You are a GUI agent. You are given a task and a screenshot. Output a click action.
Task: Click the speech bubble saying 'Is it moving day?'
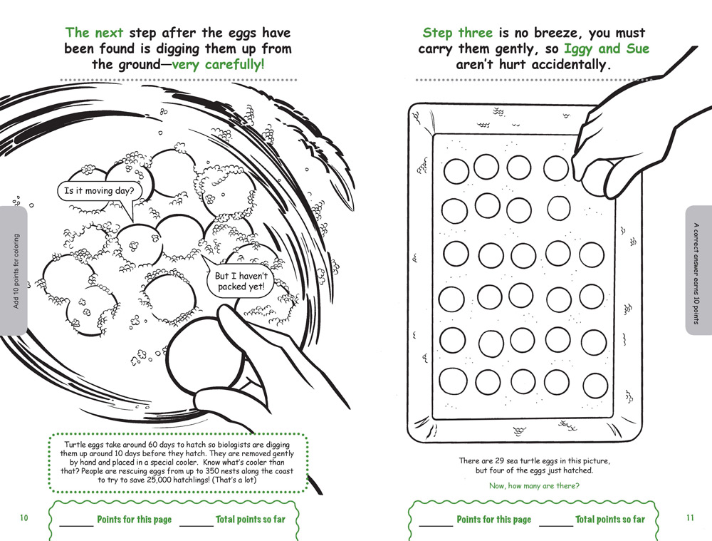[x=100, y=191]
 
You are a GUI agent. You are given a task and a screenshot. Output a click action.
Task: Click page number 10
[x=24, y=517]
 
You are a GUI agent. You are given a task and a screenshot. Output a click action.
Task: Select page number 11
[x=690, y=517]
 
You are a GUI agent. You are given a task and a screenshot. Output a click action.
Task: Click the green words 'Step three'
[x=457, y=33]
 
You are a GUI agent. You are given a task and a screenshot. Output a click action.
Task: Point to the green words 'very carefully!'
[x=218, y=65]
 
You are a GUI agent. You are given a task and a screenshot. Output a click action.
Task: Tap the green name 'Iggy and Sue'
[x=606, y=48]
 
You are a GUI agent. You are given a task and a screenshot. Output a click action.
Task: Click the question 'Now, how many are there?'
[x=534, y=486]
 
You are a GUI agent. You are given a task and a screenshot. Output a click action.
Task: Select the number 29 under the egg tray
[x=499, y=461]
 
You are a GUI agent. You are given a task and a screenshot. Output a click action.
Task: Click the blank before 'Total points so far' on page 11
[x=556, y=525]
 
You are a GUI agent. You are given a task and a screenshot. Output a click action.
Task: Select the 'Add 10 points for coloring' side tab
[x=14, y=271]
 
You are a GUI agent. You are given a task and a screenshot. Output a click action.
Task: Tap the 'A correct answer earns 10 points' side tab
[x=698, y=271]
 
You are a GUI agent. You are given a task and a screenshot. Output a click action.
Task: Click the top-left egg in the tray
[x=456, y=171]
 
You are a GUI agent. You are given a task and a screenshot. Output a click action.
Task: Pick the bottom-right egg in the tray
[x=595, y=386]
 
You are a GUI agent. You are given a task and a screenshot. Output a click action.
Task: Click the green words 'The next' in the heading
[x=94, y=34]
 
